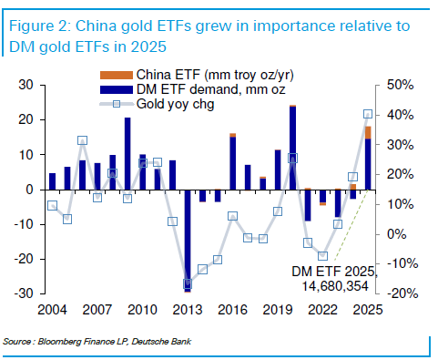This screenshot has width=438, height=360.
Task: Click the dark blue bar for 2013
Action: point(188,241)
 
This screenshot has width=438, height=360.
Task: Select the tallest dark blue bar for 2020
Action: point(292,149)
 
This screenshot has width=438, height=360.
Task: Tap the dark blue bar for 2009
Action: point(127,154)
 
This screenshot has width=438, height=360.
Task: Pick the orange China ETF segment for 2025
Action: point(368,132)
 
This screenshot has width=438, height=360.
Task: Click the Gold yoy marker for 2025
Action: point(368,114)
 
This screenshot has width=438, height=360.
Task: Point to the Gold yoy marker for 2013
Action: point(188,284)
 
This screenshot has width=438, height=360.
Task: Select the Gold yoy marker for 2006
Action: point(83,140)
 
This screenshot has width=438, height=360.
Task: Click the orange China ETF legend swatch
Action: point(117,75)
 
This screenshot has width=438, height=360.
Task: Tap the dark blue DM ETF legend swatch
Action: point(117,89)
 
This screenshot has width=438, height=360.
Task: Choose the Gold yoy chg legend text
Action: point(176,104)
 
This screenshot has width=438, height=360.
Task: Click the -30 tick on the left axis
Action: point(25,293)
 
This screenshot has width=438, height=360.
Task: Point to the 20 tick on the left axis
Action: point(25,119)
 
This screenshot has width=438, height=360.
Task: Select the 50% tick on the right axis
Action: point(400,85)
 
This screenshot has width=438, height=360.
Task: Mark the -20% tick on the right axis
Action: point(400,293)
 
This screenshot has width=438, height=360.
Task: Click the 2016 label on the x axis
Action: point(233,310)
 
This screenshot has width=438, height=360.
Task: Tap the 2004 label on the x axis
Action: point(52,310)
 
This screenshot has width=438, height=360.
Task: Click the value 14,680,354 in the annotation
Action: point(335,286)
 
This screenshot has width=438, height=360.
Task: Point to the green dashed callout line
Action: point(351,225)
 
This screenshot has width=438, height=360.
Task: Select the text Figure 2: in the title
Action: point(40,26)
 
